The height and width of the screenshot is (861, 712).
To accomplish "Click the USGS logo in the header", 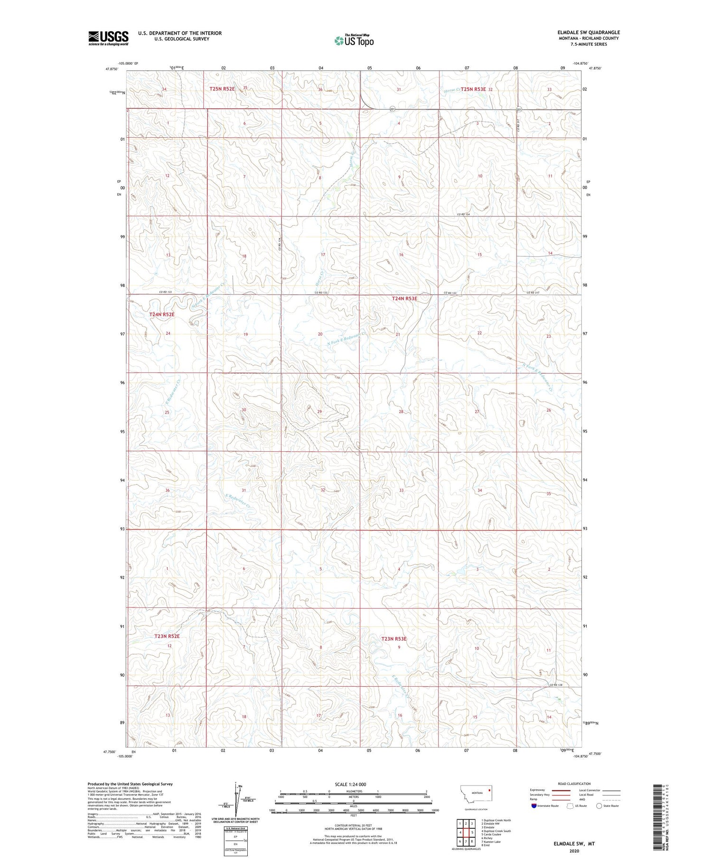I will (108, 38).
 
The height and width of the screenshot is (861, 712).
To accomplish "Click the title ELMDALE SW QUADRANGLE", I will (589, 32).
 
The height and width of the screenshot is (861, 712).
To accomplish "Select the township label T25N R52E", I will (222, 88).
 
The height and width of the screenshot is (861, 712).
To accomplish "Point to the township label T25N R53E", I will (473, 89).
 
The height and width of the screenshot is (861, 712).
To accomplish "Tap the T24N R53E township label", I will (404, 298).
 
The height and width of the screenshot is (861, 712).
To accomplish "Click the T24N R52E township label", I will (162, 314).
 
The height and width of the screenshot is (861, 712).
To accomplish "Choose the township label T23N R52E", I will (167, 636).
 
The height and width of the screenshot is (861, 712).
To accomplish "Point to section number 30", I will (244, 409).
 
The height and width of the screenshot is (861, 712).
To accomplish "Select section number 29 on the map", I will (319, 411).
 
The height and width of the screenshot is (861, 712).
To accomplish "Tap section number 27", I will (477, 412).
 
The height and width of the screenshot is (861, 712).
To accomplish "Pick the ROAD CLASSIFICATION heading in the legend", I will (574, 784).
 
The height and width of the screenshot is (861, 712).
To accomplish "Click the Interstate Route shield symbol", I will (534, 806).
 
